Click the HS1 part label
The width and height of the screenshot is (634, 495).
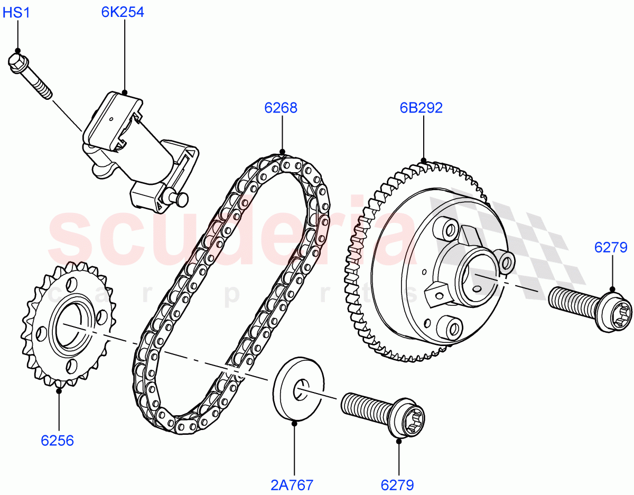point(16,12)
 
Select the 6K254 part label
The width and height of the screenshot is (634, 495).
point(123,12)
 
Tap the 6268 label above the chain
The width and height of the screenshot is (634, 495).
point(281,108)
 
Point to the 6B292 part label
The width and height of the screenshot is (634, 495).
point(421,108)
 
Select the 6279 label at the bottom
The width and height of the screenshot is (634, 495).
point(397,484)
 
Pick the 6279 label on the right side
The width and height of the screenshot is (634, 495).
point(612,247)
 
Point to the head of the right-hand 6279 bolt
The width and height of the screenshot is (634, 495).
point(617,311)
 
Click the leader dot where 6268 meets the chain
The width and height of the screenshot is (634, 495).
point(282,153)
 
